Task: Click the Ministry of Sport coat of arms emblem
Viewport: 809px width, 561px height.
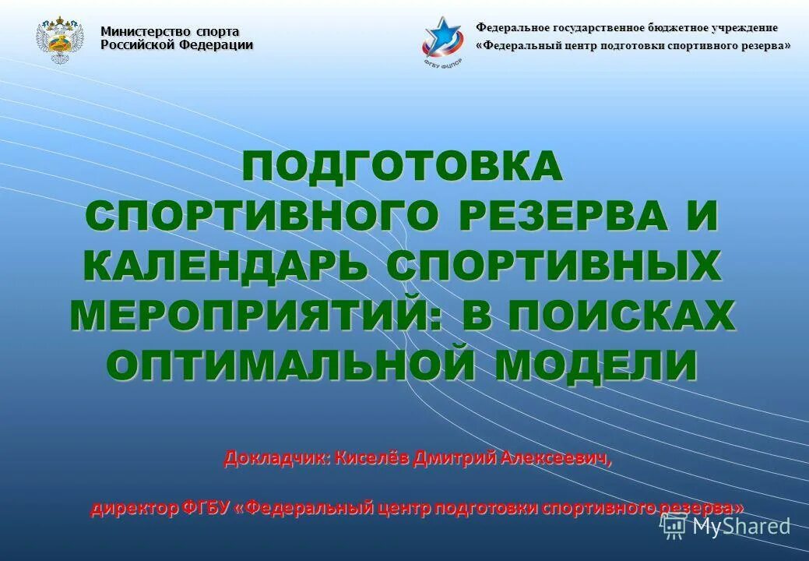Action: [x=60, y=42]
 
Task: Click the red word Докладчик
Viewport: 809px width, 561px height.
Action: [x=277, y=458]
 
